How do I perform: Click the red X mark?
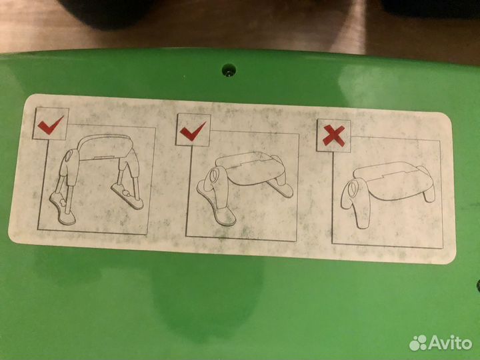tap(334, 135)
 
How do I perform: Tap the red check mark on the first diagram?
tap(51, 125)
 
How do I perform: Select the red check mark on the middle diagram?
tap(193, 131)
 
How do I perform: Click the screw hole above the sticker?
tap(229, 70)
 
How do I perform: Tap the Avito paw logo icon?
tap(418, 343)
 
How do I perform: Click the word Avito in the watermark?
tap(451, 343)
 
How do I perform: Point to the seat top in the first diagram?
tap(105, 146)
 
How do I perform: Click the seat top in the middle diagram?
tap(249, 169)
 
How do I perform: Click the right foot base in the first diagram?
tap(127, 195)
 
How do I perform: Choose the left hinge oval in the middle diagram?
tap(214, 175)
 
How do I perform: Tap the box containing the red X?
tap(333, 135)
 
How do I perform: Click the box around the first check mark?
tap(51, 124)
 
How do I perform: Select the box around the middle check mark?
tap(193, 130)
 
